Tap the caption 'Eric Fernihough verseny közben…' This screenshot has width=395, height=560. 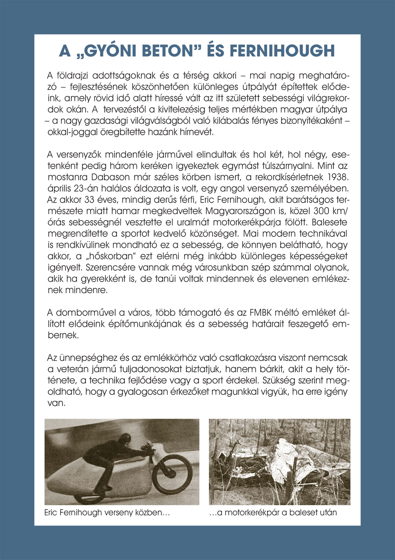click(x=107, y=512)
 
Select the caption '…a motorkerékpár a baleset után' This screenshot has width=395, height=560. click(x=273, y=512)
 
